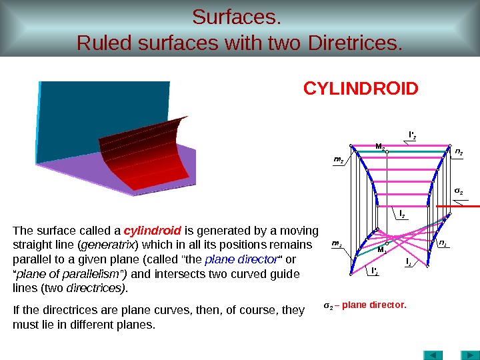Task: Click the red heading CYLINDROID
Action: point(361,89)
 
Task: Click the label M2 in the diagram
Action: point(379,146)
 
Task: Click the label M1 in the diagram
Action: point(381,250)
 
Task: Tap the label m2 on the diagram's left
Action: point(338,160)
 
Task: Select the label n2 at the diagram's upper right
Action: point(459,153)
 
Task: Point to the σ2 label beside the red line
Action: point(459,191)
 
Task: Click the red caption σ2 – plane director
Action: point(364,305)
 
